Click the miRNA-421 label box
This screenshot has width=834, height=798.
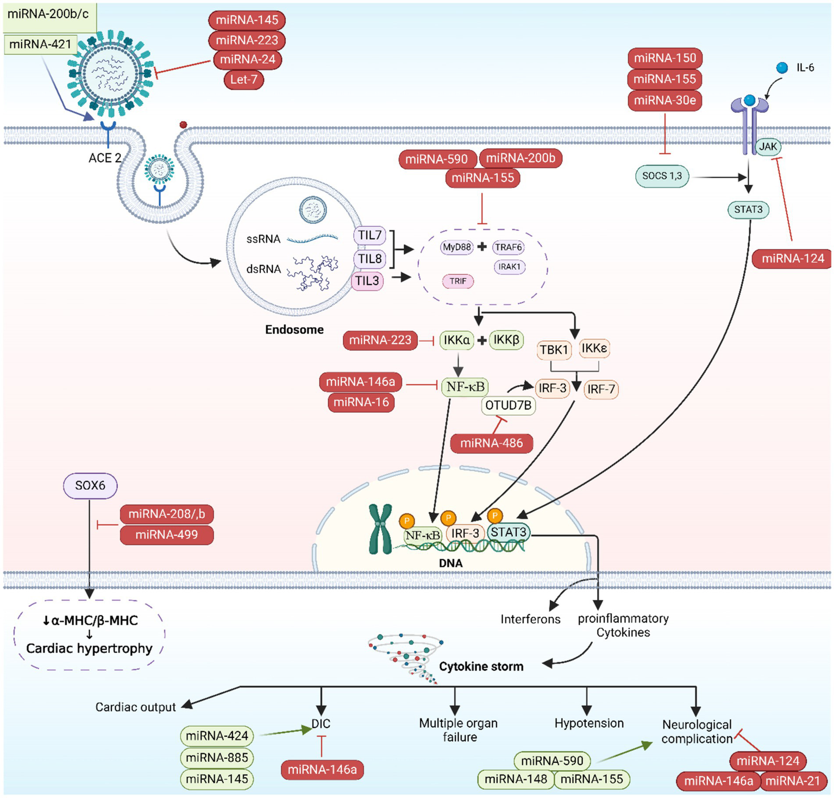(x=40, y=45)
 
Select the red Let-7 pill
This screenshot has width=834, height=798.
(x=243, y=80)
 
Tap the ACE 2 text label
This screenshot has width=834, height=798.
(x=105, y=158)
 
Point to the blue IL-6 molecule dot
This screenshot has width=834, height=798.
(x=782, y=68)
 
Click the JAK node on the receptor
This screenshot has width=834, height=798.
(x=768, y=147)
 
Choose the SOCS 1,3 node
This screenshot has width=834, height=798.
(x=662, y=176)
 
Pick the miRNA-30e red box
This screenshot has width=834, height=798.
(x=664, y=100)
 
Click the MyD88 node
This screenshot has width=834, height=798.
(x=456, y=247)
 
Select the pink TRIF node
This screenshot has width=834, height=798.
(x=457, y=281)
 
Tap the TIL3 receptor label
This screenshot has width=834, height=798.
(x=368, y=281)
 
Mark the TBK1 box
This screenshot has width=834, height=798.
(x=554, y=350)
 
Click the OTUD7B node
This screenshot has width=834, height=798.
(x=508, y=405)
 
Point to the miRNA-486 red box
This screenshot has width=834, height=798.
(x=491, y=443)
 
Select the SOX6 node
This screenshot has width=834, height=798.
(x=90, y=486)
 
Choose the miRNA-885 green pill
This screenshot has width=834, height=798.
(x=217, y=757)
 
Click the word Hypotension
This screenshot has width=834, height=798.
(x=589, y=724)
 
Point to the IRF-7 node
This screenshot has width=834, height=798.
(x=601, y=389)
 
